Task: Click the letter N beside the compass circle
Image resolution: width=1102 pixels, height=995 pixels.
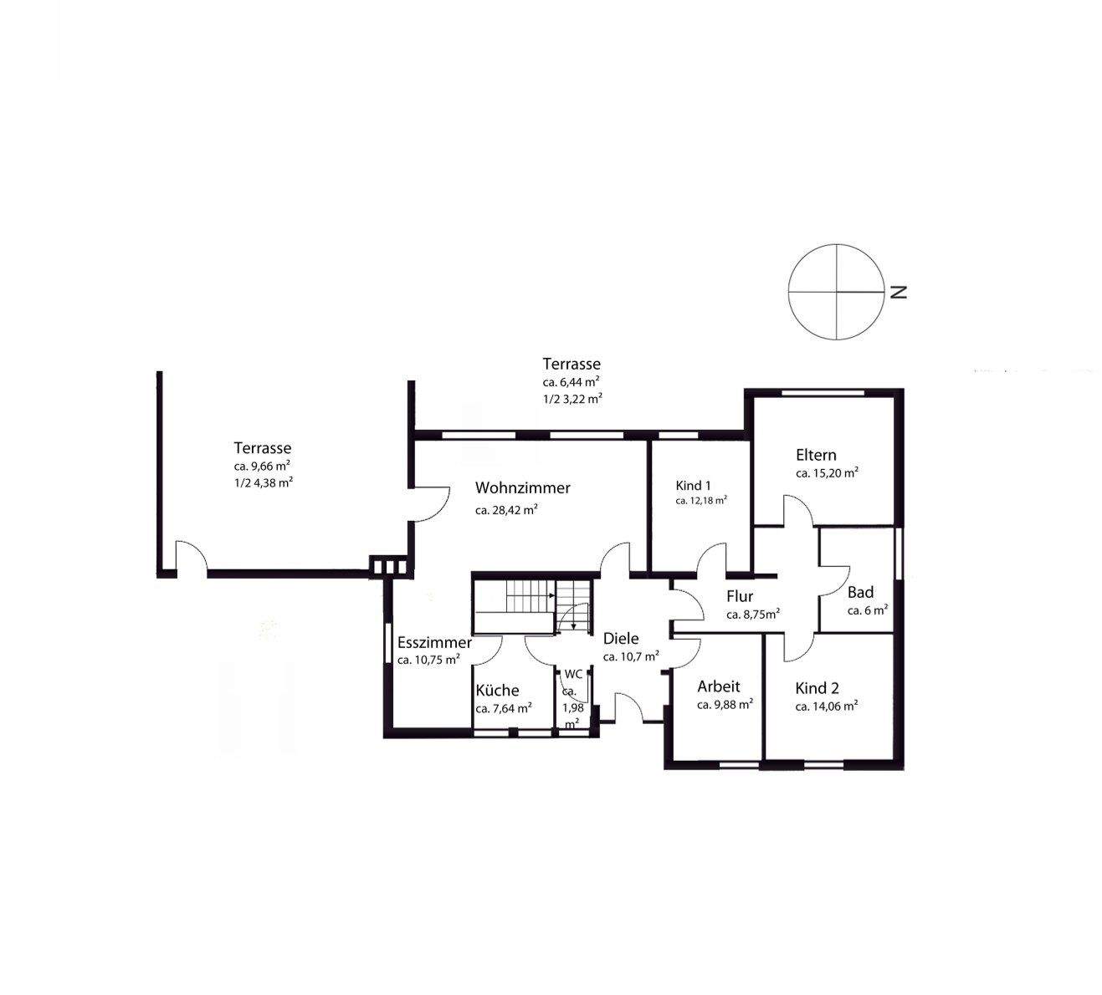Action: pyautogui.click(x=898, y=292)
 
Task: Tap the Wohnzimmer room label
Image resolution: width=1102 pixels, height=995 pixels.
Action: pyautogui.click(x=522, y=487)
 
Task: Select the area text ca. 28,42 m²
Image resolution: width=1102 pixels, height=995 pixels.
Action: pyautogui.click(x=506, y=510)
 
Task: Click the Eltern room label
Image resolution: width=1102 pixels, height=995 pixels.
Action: pyautogui.click(x=816, y=455)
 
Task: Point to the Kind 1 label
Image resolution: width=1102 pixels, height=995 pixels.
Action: pyautogui.click(x=694, y=486)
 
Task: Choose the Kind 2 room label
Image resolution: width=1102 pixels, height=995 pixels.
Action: pyautogui.click(x=817, y=688)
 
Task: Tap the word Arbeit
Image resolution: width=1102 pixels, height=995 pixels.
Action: pyautogui.click(x=719, y=686)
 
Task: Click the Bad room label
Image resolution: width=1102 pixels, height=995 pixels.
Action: pyautogui.click(x=860, y=593)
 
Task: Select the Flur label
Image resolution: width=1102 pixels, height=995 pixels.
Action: pyautogui.click(x=740, y=596)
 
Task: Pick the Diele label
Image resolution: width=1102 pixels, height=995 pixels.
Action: pyautogui.click(x=621, y=639)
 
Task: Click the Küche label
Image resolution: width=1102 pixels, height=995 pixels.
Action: pyautogui.click(x=497, y=690)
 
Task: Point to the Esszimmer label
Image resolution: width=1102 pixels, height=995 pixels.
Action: pyautogui.click(x=434, y=642)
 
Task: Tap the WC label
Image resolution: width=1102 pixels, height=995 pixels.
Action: pyautogui.click(x=573, y=674)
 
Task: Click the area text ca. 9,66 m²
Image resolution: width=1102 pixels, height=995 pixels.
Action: pyautogui.click(x=262, y=467)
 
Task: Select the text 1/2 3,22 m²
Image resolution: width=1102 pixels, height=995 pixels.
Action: pyautogui.click(x=572, y=399)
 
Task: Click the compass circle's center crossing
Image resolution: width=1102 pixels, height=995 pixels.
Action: pyautogui.click(x=837, y=292)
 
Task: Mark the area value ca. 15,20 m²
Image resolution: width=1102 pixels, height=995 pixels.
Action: pyautogui.click(x=827, y=472)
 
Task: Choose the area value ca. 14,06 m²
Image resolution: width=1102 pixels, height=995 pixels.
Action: pyautogui.click(x=826, y=707)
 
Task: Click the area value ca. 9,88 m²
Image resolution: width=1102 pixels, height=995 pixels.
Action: pyautogui.click(x=725, y=705)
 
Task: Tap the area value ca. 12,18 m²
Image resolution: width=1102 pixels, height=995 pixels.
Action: pyautogui.click(x=701, y=501)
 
